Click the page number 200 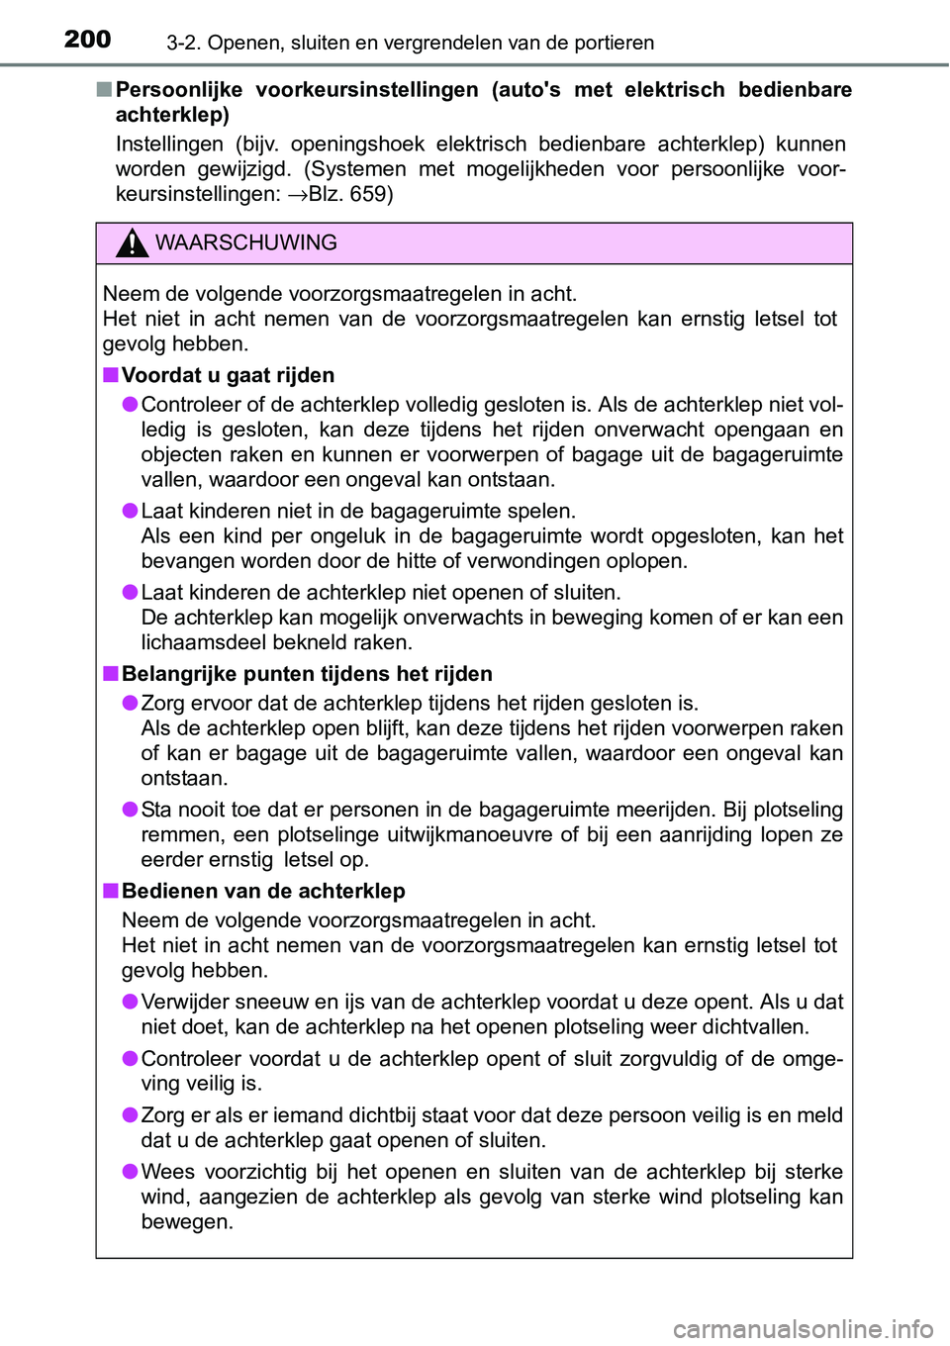click(87, 39)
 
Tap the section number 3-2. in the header click(184, 43)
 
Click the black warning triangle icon click(132, 242)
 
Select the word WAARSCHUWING click(245, 242)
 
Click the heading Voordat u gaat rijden click(228, 375)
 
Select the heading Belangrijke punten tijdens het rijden click(307, 674)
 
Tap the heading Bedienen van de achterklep click(263, 891)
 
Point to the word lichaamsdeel click(199, 642)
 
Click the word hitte click(421, 561)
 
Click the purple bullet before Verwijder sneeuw click(130, 1002)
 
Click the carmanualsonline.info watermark click(803, 1327)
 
